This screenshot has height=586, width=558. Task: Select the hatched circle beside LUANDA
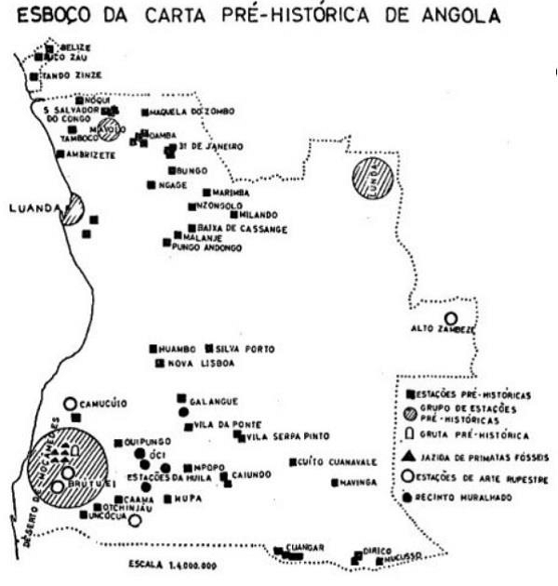point(73,209)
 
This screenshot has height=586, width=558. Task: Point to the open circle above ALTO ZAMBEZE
point(450,317)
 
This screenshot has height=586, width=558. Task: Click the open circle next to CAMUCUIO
point(69,404)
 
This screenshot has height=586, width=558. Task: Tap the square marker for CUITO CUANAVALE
point(293,461)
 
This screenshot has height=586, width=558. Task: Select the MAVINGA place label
point(357,482)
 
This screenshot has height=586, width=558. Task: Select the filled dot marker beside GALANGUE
point(181,398)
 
